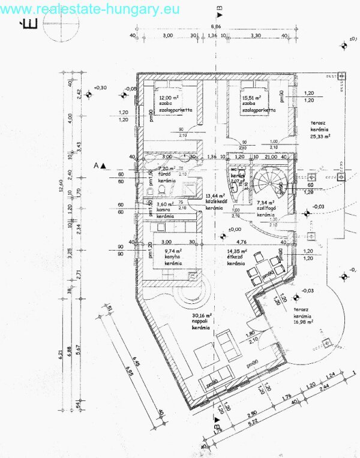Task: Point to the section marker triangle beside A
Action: pos(103,165)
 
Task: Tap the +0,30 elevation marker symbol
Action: pos(89,94)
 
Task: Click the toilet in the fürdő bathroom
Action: pos(148,192)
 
